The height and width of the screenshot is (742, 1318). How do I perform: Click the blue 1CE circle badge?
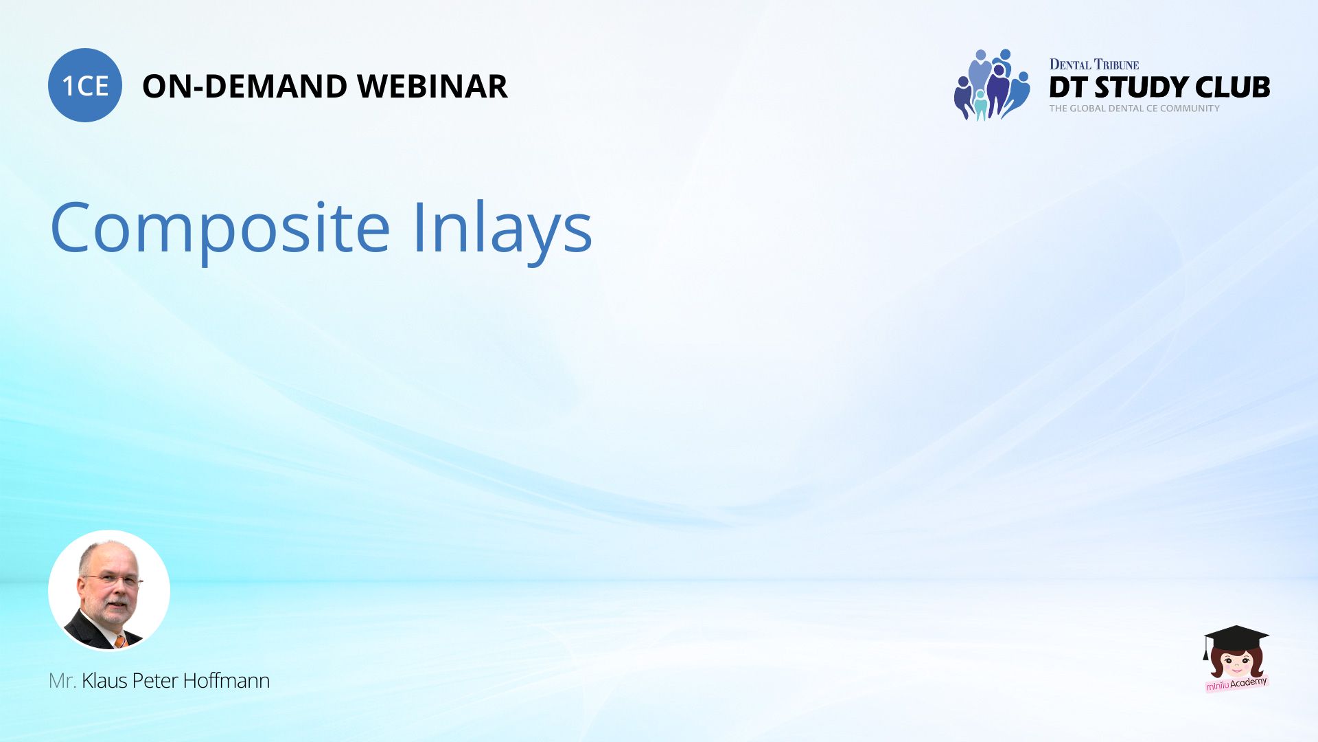pos(85,85)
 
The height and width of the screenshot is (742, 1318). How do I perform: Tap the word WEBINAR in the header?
pos(432,87)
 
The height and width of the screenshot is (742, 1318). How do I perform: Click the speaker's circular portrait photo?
pos(109,590)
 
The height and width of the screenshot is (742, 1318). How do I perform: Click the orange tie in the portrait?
pos(121,641)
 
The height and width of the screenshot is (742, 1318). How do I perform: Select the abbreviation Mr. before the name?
pos(62,681)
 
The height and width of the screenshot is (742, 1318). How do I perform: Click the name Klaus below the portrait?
pos(104,681)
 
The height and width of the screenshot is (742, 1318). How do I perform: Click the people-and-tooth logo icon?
pos(992,85)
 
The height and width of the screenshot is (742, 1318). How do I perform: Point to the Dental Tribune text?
pos(1094,65)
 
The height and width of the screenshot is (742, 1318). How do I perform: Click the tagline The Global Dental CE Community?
pos(1134,109)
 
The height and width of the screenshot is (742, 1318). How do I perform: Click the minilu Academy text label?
pos(1236,684)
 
